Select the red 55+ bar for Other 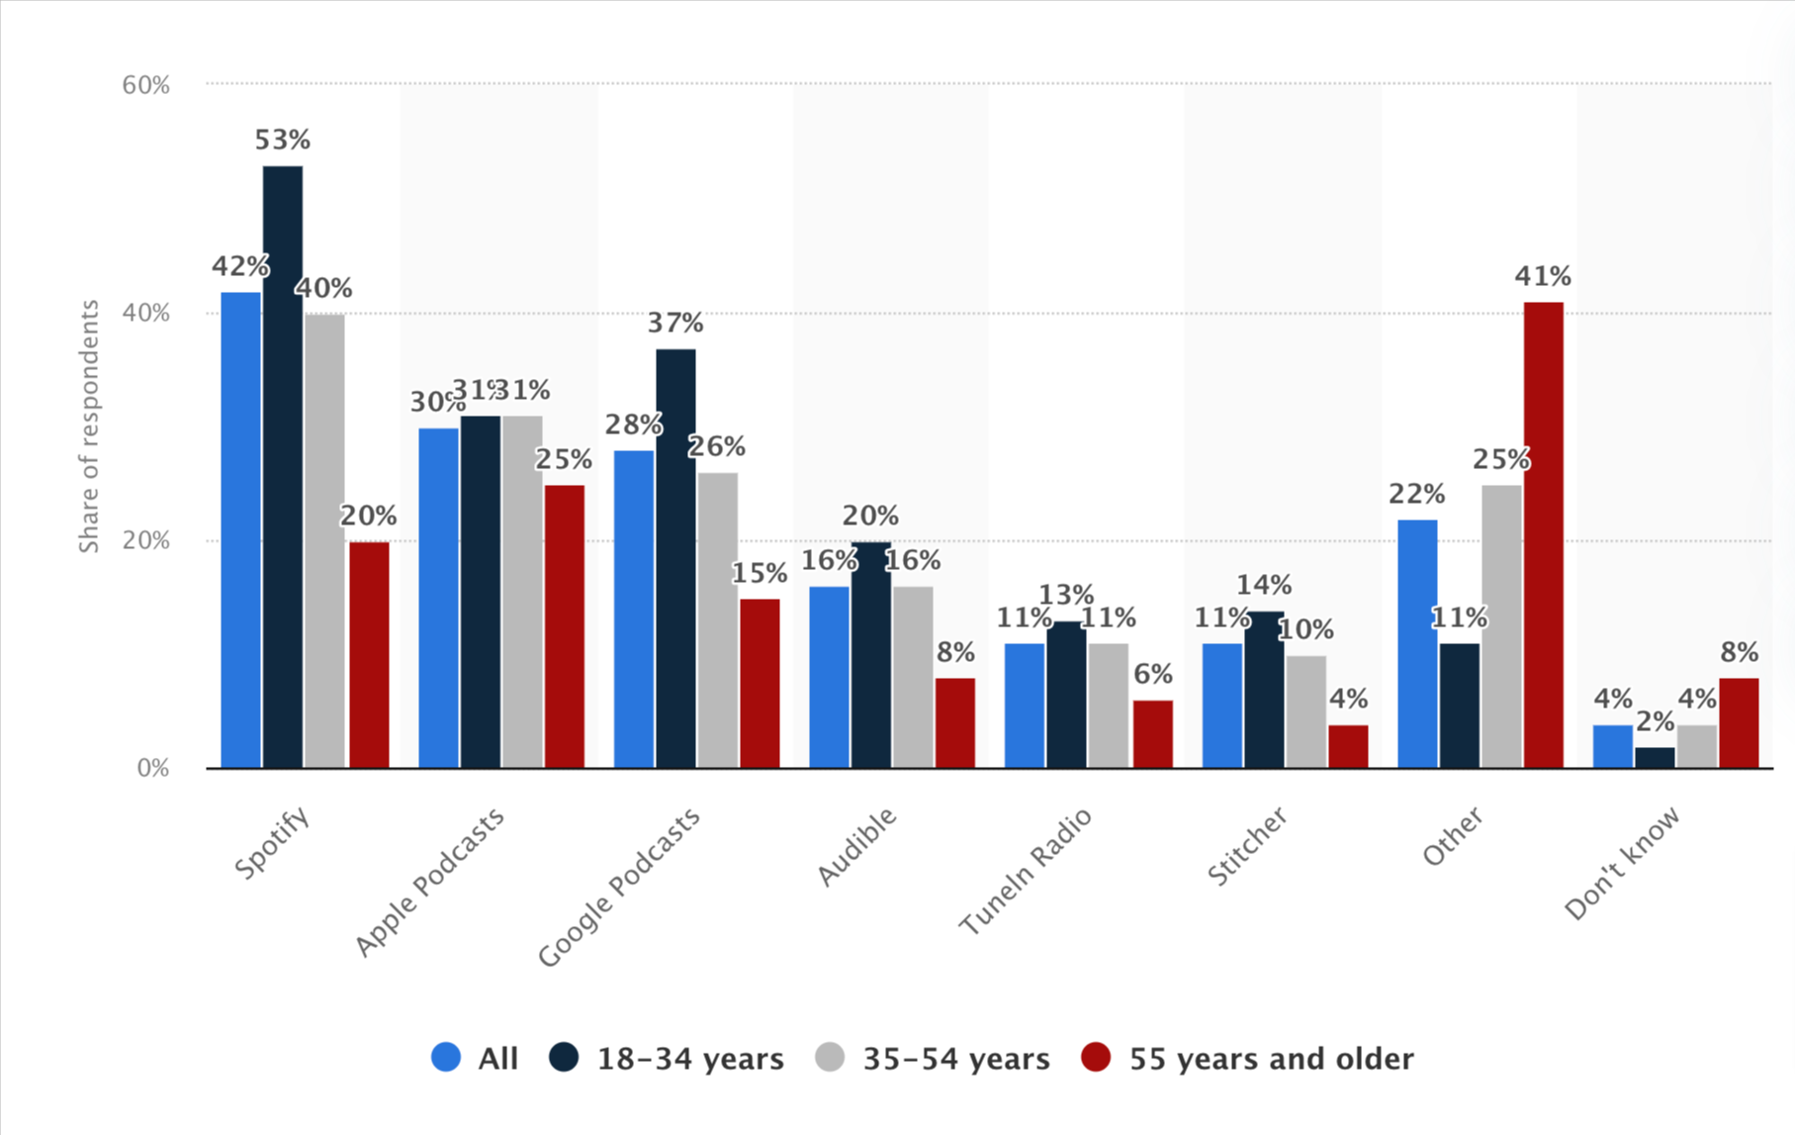point(1543,534)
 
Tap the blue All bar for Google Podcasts point(633,609)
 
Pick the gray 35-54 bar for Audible point(912,677)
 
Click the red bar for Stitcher point(1348,746)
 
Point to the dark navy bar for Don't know point(1655,757)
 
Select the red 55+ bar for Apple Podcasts point(564,625)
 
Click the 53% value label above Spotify point(283,141)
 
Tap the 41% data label point(1543,276)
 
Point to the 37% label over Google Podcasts point(675,323)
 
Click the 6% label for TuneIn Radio point(1153,675)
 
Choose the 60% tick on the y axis point(146,85)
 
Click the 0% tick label point(153,768)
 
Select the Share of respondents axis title point(89,426)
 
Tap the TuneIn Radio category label point(1027,871)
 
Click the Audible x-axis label point(857,846)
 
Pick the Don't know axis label point(1622,863)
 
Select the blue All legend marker point(446,1057)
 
